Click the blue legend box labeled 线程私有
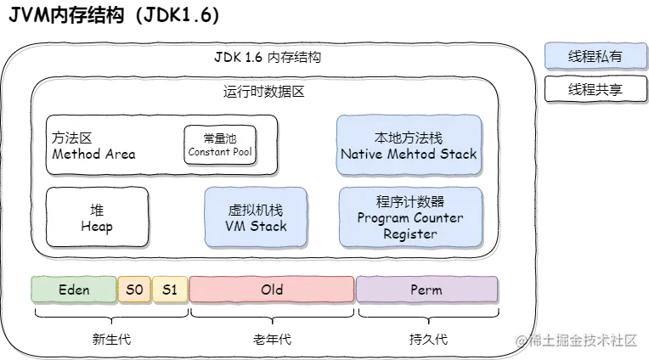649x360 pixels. tap(595, 57)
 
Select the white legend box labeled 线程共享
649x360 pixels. tap(595, 88)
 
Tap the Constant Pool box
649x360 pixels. tap(220, 144)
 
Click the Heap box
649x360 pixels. tap(97, 217)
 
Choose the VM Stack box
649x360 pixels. tap(256, 217)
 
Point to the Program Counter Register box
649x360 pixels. tap(409, 217)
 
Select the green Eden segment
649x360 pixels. tap(74, 290)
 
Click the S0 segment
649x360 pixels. tap(134, 290)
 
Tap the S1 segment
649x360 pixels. tap(170, 290)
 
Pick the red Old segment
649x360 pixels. tap(272, 290)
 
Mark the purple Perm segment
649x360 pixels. tap(426, 290)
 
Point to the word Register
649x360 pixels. tap(409, 233)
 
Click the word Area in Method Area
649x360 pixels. tap(120, 155)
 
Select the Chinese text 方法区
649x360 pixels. tap(71, 138)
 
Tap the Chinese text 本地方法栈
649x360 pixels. tap(409, 138)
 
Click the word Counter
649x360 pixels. tap(437, 217)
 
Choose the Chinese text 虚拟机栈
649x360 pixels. tap(256, 209)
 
